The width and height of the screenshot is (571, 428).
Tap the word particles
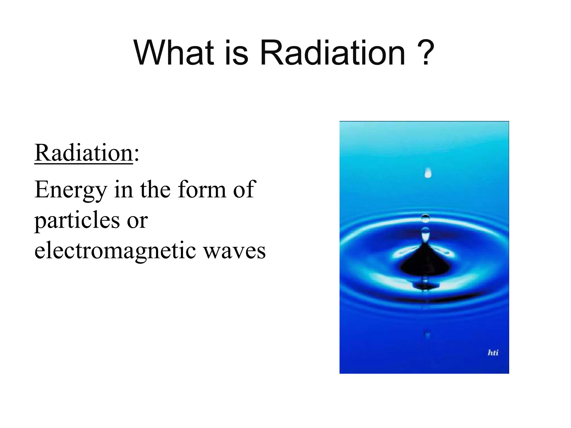coord(77,220)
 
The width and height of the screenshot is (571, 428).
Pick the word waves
coord(234,251)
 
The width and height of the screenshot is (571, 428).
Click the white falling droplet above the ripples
coord(428,173)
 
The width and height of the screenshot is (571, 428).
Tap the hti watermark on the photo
coord(493,353)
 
